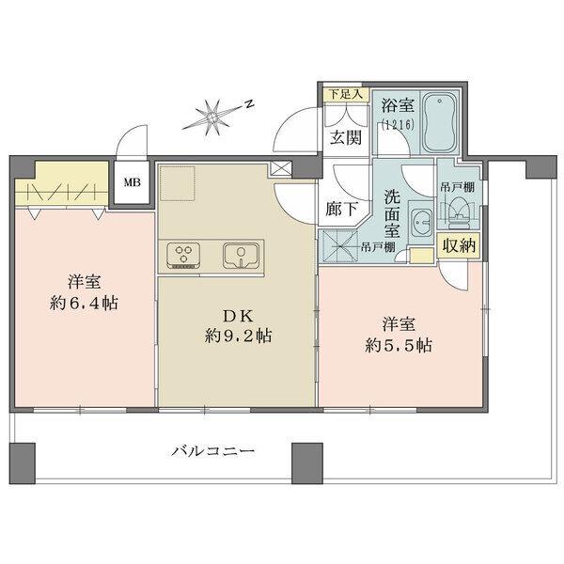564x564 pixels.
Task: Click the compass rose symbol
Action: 213,117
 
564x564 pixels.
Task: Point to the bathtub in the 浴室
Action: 438,124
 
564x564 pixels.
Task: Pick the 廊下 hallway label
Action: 340,210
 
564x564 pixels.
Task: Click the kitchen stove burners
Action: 184,253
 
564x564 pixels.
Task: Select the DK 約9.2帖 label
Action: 239,325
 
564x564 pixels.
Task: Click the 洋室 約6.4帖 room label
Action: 83,292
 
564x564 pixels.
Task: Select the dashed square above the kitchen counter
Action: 176,182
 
